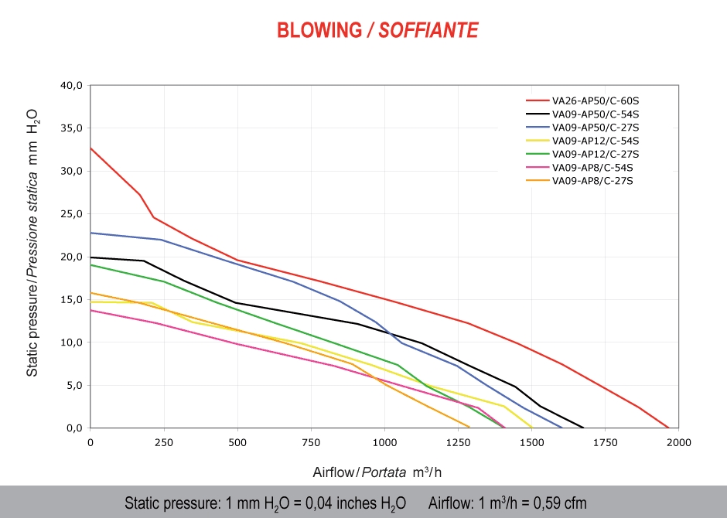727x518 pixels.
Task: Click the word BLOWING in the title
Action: click(319, 30)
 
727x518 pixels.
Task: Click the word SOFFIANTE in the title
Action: click(428, 30)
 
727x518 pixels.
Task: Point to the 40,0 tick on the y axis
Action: click(71, 85)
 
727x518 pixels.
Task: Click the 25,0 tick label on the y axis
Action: click(71, 213)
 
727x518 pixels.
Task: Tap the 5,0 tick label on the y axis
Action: click(73, 385)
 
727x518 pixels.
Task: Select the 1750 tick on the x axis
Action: click(606, 442)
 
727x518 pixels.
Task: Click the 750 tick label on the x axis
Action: click(312, 442)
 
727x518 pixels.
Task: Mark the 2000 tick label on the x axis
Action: click(679, 442)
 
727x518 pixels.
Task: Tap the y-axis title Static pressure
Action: click(32, 241)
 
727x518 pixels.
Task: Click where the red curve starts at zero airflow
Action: click(90, 147)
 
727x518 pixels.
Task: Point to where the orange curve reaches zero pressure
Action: click(469, 427)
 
